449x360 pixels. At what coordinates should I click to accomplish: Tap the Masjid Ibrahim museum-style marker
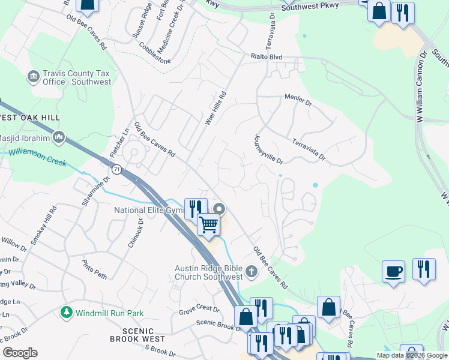click(59, 138)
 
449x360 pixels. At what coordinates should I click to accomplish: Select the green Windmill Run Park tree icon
click(67, 313)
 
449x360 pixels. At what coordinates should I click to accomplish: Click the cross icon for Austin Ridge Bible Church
click(251, 272)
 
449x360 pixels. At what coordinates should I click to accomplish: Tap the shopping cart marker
click(208, 225)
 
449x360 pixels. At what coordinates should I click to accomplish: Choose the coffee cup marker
click(393, 271)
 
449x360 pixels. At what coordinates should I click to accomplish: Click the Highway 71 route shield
click(117, 170)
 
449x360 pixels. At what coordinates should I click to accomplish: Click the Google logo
click(20, 353)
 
